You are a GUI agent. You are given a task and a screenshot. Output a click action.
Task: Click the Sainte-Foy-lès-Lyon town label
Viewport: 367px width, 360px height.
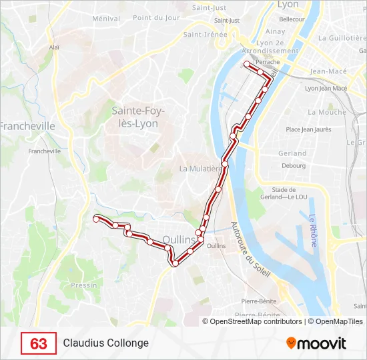tap(138, 117)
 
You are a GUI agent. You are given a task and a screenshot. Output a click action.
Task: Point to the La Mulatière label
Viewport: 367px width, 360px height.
tap(200, 169)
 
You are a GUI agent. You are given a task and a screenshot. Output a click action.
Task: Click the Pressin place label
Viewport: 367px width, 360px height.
tap(83, 285)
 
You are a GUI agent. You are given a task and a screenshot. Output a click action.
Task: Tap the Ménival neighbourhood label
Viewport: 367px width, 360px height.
tap(105, 19)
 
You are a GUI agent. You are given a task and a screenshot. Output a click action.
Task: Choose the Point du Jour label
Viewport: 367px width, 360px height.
tap(156, 18)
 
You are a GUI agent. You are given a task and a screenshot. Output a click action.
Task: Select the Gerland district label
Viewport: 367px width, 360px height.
tap(293, 153)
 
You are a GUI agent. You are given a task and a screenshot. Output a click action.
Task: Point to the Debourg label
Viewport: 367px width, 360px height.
tap(293, 165)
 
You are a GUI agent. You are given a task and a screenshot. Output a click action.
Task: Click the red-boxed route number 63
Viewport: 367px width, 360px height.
tap(39, 344)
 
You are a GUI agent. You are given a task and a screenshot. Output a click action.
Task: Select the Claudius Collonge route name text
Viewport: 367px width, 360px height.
tap(106, 343)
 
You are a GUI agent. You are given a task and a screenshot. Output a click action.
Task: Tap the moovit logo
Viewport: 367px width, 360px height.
tap(316, 343)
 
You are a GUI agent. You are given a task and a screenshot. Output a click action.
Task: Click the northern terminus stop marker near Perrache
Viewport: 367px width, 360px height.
tap(247, 64)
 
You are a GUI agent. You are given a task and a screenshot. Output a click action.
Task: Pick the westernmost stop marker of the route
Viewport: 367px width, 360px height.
tap(97, 218)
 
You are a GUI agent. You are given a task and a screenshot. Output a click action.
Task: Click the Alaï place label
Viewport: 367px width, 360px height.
tap(55, 47)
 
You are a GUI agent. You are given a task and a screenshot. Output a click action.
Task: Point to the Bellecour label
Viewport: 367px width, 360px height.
tap(292, 19)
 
